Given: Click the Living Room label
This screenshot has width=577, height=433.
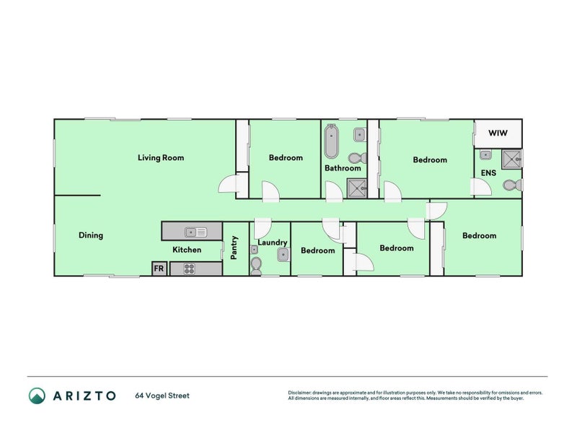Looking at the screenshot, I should coord(161,157).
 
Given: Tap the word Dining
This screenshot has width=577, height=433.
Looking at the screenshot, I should coord(91,235).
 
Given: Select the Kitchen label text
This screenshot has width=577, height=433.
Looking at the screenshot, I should coord(186,250).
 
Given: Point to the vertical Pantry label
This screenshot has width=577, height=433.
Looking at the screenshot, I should coord(234,248).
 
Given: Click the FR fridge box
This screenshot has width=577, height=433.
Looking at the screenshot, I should coord(159,268).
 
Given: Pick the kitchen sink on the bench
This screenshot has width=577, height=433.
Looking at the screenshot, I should coord(195,232).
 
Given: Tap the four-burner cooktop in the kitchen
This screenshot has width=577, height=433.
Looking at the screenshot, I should coord(190,268).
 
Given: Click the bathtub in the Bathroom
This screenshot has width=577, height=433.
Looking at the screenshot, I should coord(331,141).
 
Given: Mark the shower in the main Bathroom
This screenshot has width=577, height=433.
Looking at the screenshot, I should coord(356,188).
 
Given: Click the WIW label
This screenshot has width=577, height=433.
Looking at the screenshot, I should coord(498,134).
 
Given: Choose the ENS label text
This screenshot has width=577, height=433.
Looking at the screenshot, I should coord(488,173).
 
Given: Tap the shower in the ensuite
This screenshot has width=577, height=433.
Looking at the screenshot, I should coord(512,158).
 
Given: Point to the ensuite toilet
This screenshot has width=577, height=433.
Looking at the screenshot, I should coord(511,186).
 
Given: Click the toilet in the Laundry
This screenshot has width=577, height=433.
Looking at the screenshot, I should coord(257,266).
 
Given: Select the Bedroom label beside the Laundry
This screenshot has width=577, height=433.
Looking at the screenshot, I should coord(318,250).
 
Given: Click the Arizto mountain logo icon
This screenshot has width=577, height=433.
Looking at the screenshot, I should coord(37,395).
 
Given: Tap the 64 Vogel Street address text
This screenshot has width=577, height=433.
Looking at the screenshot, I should coord(162,395).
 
